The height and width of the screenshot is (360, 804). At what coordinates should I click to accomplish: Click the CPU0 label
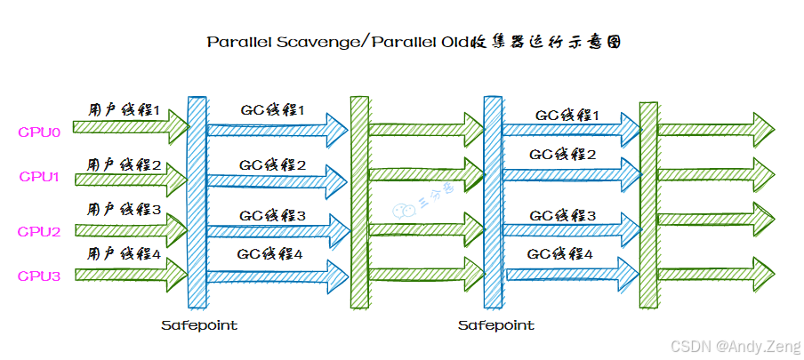(39, 133)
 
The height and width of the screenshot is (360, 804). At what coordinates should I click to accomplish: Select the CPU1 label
(39, 176)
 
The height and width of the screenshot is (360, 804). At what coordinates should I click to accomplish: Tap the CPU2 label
(39, 232)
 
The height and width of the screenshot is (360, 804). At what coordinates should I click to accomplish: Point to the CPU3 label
(39, 276)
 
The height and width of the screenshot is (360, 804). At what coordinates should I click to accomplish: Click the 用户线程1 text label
(124, 112)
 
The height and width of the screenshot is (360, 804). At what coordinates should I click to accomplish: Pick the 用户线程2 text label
(124, 164)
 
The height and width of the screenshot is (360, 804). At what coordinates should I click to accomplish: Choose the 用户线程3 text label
(124, 210)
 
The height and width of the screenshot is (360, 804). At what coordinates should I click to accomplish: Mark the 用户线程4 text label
(124, 254)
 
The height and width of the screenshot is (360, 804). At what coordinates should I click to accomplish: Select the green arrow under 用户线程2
(130, 179)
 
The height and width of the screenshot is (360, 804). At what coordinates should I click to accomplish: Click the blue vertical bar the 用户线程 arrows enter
(197, 203)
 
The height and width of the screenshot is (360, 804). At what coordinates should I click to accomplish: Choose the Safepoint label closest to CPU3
(199, 325)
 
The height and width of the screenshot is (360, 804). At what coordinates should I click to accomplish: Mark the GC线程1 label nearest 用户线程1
(272, 111)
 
